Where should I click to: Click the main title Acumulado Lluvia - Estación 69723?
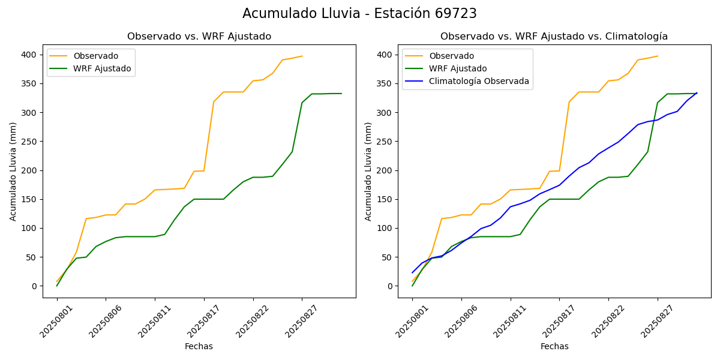pos(359,14)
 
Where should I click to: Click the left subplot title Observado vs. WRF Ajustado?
pos(199,37)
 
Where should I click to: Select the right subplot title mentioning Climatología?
pos(554,37)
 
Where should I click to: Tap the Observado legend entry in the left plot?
pos(95,56)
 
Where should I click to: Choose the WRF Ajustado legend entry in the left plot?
pos(102,68)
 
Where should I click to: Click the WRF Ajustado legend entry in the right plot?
pos(458,68)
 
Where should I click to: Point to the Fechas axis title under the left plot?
pos(199,346)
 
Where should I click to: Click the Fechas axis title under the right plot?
pos(554,346)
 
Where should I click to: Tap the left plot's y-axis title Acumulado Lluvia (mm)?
pos(13,171)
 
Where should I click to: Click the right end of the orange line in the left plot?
pos(302,56)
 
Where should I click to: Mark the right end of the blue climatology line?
pos(697,93)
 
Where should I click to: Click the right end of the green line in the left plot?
pos(341,94)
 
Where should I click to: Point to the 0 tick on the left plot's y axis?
pos(35,286)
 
